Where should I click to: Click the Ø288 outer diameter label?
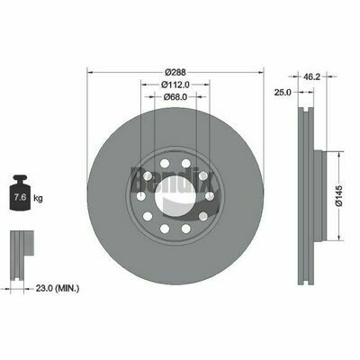coord(175,73)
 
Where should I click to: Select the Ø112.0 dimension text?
coord(175,85)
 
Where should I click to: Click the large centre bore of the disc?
coord(175,193)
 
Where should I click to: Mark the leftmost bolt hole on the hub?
coord(141,196)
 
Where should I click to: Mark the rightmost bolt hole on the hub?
coord(209,196)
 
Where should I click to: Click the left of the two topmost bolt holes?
coord(165,164)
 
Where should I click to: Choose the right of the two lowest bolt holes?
coord(185,228)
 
